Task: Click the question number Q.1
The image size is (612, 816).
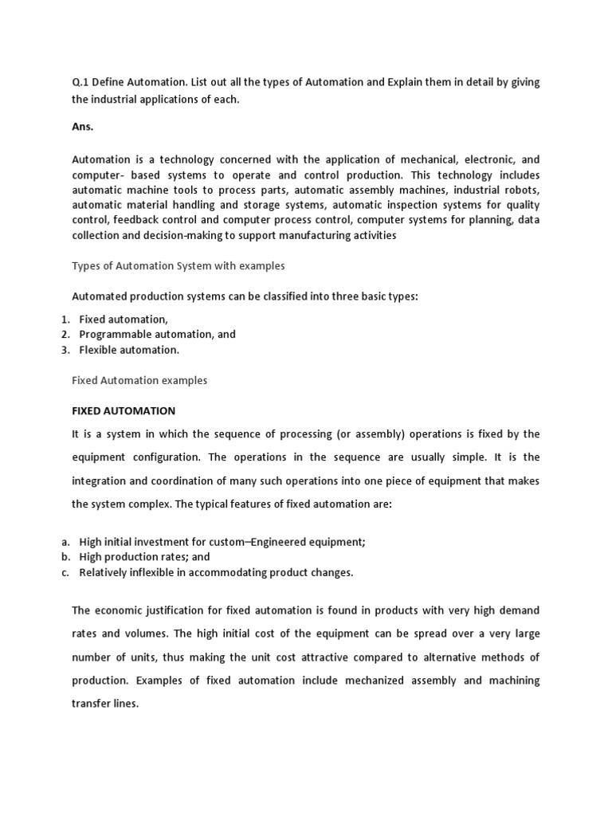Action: [81, 84]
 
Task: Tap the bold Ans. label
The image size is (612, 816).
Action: [83, 127]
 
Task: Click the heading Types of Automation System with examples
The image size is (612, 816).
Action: [178, 265]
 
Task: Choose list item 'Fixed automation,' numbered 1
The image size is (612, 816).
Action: [124, 320]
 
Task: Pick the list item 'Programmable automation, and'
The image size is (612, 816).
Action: [157, 335]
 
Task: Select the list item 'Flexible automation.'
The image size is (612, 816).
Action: [129, 350]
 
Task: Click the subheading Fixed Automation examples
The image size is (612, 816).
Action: [139, 380]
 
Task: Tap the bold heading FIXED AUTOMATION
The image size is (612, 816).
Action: [124, 411]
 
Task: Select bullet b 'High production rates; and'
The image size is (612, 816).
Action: [144, 557]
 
